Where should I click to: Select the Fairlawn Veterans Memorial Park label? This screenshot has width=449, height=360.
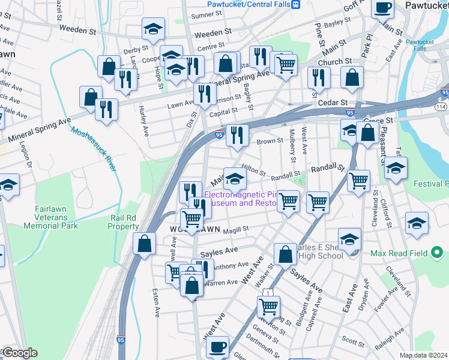(50, 217)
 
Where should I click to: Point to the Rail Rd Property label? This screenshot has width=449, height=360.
(125, 222)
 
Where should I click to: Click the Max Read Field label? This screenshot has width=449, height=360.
(399, 254)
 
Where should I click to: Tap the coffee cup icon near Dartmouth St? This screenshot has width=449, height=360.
(217, 346)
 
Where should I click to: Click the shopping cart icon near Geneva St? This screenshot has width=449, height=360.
(268, 307)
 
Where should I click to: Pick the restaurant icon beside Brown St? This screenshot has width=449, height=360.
(238, 135)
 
